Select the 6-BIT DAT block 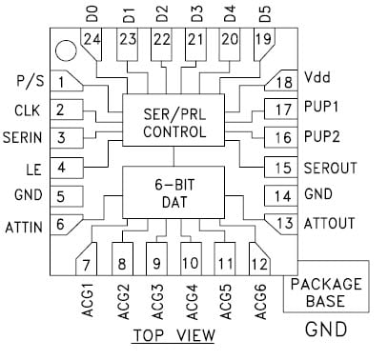point(174,190)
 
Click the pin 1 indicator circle point(65,48)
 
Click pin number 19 point(263,40)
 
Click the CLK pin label point(27,110)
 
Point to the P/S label point(29,79)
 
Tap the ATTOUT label point(329,224)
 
